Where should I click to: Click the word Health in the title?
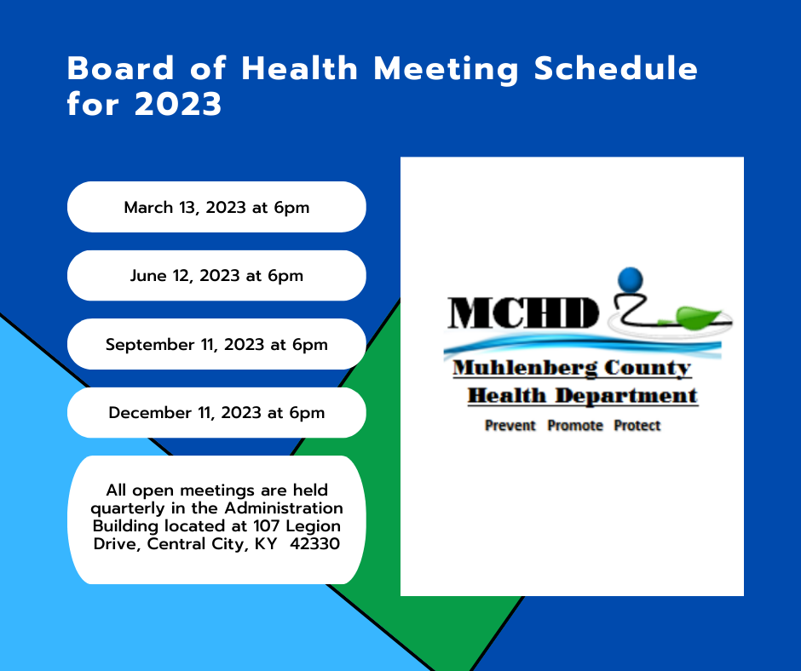pyautogui.click(x=299, y=68)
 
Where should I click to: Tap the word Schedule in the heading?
pyautogui.click(x=615, y=68)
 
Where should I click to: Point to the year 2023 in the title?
pyautogui.click(x=178, y=104)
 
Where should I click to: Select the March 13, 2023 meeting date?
pyautogui.click(x=216, y=207)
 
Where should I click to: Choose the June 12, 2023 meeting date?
pyautogui.click(x=216, y=276)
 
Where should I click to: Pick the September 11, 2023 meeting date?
pyautogui.click(x=216, y=345)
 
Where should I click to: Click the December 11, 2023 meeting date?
pyautogui.click(x=216, y=413)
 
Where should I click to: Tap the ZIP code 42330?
pyautogui.click(x=314, y=543)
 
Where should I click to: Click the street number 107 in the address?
pyautogui.click(x=267, y=525)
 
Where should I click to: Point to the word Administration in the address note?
pyautogui.click(x=284, y=508)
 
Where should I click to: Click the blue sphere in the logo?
pyautogui.click(x=631, y=280)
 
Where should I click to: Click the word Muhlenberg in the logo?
pyautogui.click(x=525, y=368)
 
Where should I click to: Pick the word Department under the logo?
pyautogui.click(x=626, y=396)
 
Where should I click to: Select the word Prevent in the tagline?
pyautogui.click(x=510, y=426)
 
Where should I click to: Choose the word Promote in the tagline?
pyautogui.click(x=575, y=426)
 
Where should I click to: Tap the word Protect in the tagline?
pyautogui.click(x=637, y=426)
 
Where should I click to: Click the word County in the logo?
pyautogui.click(x=648, y=368)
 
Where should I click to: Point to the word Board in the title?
pyautogui.click(x=120, y=68)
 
